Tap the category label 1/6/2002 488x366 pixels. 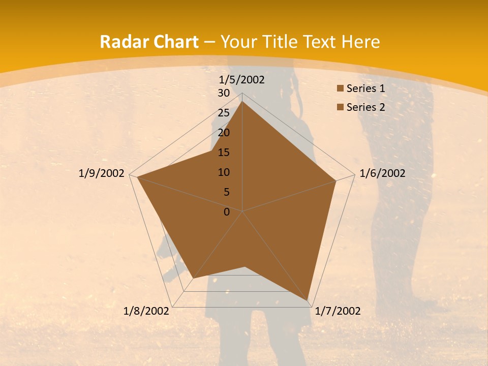382,173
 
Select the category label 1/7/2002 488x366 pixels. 338,311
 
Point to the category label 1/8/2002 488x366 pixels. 146,311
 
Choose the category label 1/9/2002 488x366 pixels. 101,173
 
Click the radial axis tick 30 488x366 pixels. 223,93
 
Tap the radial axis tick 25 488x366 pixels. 223,113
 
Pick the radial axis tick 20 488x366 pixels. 223,133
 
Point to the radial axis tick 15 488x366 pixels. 223,152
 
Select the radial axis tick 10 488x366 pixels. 223,172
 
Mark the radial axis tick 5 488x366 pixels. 226,192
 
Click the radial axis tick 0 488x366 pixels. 226,212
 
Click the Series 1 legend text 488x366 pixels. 365,88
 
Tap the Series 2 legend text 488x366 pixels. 365,107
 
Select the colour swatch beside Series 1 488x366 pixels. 340,88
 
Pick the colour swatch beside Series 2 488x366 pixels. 340,107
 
